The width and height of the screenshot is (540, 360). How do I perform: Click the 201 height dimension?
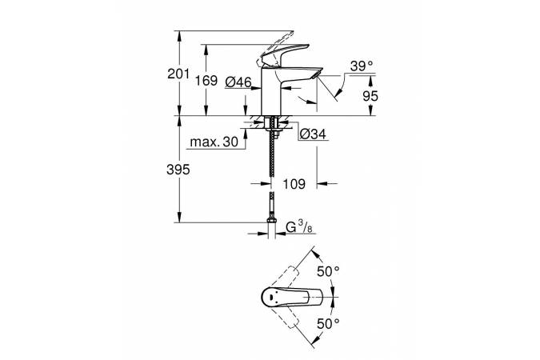point(178,74)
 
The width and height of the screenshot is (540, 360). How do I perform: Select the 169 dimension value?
point(206,81)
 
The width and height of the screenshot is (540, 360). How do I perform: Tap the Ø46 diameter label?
point(238,82)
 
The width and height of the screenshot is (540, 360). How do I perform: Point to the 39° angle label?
point(362,66)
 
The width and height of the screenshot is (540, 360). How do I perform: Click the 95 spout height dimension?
point(370,96)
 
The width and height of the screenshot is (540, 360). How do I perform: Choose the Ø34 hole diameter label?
point(313,134)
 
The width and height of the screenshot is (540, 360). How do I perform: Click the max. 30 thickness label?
point(214,142)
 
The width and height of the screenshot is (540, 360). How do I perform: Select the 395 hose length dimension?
point(178,170)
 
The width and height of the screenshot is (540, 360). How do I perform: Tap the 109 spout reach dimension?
point(294,184)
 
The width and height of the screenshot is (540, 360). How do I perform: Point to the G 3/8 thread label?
point(299,227)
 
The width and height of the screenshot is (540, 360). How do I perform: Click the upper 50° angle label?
point(328,271)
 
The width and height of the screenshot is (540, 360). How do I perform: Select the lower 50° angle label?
point(328,323)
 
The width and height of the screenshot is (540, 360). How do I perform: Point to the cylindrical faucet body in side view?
point(272,91)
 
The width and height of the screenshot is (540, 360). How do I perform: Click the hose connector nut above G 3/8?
point(272,220)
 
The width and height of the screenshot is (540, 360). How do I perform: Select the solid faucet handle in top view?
point(292,297)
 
